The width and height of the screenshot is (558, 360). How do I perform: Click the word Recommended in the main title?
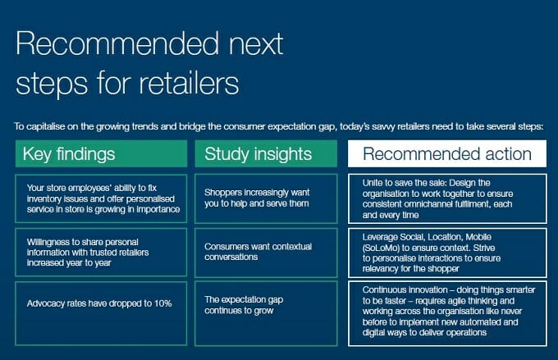117,43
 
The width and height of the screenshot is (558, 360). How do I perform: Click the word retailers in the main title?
189,83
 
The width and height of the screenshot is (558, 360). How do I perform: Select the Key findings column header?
101,153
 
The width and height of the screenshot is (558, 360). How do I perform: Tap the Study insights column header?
266,153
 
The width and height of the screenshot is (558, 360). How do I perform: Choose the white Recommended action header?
447,153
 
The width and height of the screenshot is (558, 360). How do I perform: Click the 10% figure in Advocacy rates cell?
163,303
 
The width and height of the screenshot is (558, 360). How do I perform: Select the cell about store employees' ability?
101,198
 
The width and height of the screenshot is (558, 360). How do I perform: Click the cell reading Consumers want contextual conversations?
266,253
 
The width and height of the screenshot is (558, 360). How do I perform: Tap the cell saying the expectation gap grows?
266,313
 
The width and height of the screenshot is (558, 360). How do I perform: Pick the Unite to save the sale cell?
447,198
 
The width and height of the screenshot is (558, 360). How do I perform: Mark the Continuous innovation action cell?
447,313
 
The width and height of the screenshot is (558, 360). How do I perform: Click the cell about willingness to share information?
101,253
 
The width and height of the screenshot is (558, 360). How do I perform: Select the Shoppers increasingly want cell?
266,198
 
